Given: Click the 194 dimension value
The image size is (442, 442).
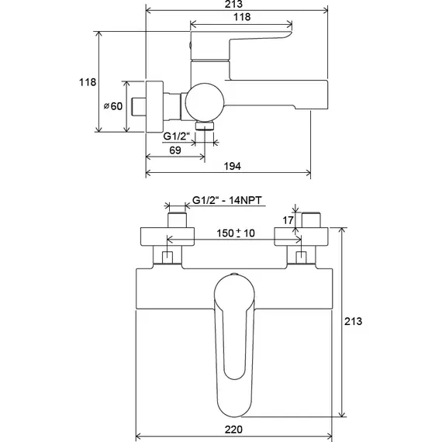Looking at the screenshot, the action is click(233, 166).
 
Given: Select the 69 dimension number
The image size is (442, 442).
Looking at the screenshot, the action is click(175, 150).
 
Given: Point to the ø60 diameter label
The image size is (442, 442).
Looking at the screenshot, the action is click(113, 106).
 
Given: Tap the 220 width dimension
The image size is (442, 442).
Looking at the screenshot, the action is click(233, 430).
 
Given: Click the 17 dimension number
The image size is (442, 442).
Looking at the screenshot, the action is click(288, 220).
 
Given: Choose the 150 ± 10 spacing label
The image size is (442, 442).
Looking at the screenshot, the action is click(236, 233).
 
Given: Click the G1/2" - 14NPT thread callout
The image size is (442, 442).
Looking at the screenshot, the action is click(227, 200).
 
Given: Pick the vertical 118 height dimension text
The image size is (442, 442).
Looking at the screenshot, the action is click(88, 82).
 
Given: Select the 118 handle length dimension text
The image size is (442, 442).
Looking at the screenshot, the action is click(242, 17).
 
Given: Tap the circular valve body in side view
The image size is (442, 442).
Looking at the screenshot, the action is click(205, 102).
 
